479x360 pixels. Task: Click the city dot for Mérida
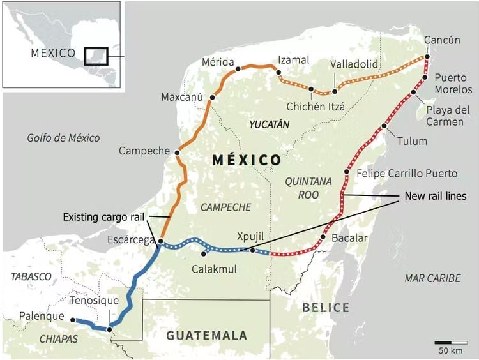coord(238,68)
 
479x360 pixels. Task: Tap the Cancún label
coord(442,40)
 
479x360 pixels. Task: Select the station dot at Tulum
coord(384,126)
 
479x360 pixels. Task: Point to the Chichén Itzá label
coord(316,106)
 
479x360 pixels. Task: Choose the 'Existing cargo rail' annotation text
coord(104,217)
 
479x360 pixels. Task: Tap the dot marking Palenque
coord(73,320)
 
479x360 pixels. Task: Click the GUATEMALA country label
coord(206,335)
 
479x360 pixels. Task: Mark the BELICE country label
coord(326,308)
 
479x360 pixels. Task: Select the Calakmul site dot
coord(211,255)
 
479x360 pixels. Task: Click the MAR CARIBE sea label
coord(432,278)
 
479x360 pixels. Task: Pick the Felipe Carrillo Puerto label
coord(407,173)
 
